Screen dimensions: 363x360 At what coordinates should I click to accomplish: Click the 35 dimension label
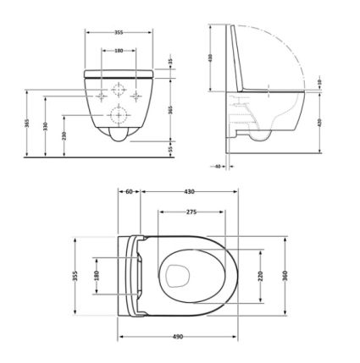170,63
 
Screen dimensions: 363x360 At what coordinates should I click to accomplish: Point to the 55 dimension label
170,147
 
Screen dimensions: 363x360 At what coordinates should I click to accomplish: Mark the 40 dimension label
219,167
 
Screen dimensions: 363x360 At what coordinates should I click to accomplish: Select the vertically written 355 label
75,275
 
